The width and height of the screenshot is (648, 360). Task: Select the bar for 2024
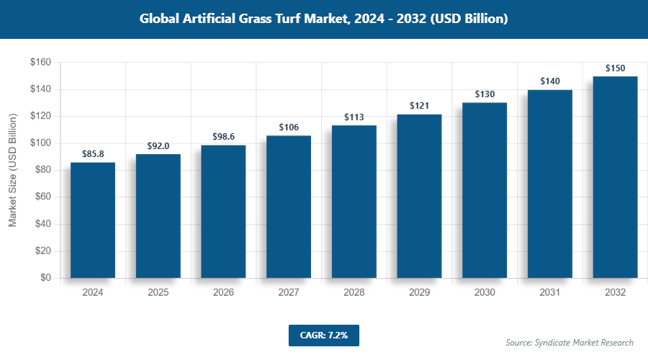point(93,220)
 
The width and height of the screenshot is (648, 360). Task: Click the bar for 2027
point(289,207)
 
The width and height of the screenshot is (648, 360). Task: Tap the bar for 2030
point(485,190)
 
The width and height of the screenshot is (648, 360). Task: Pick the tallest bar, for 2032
point(615,177)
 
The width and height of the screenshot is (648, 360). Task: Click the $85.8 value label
point(93,153)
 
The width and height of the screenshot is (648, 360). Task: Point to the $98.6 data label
point(223,136)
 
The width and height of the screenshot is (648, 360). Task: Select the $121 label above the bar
point(419,106)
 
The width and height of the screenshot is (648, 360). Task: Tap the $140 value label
point(549,81)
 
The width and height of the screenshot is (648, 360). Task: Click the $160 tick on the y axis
point(40,63)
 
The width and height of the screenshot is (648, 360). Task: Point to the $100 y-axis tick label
point(40,143)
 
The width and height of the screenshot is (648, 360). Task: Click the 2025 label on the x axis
point(158,293)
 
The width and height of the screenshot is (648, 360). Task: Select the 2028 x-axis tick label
point(354,293)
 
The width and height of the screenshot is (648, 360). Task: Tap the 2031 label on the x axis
point(549,293)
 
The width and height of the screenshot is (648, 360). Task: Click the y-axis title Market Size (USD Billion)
point(12,171)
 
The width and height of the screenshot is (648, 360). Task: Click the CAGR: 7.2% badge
point(323,336)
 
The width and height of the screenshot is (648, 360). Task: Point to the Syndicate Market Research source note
point(570,343)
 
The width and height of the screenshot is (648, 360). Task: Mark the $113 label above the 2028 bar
point(354,117)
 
